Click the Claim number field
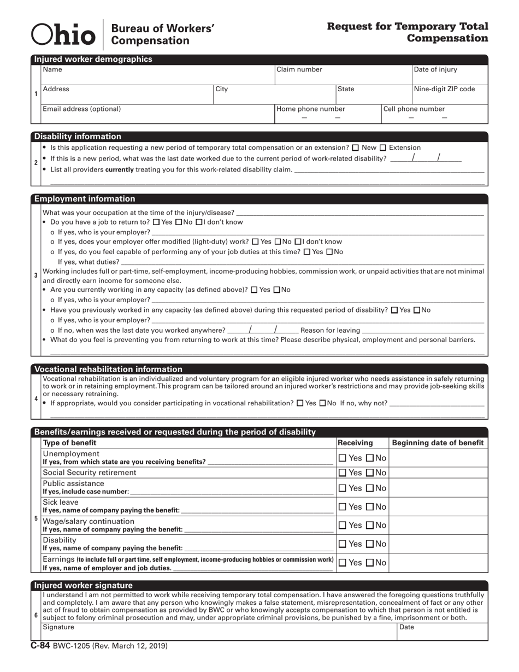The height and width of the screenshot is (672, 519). click(343, 75)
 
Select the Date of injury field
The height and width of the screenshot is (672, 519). click(450, 75)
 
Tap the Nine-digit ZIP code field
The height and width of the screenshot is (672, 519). click(450, 95)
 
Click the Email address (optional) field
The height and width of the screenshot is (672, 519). click(157, 115)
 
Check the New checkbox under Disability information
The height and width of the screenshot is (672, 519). click(356, 148)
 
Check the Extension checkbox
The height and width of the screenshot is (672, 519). click(382, 148)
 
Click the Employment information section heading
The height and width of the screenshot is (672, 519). click(85, 199)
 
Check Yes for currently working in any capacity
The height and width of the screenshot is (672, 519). click(254, 290)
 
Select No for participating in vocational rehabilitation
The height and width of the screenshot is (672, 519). click(323, 404)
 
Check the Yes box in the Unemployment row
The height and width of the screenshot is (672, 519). click(342, 458)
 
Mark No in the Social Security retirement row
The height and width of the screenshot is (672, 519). click(369, 473)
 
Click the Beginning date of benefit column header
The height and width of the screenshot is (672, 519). click(438, 443)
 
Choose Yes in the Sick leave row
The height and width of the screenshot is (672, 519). click(342, 506)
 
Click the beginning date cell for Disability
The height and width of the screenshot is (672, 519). click(438, 544)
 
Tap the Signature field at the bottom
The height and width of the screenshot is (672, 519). click(219, 632)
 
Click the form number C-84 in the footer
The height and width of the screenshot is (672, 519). click(40, 646)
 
